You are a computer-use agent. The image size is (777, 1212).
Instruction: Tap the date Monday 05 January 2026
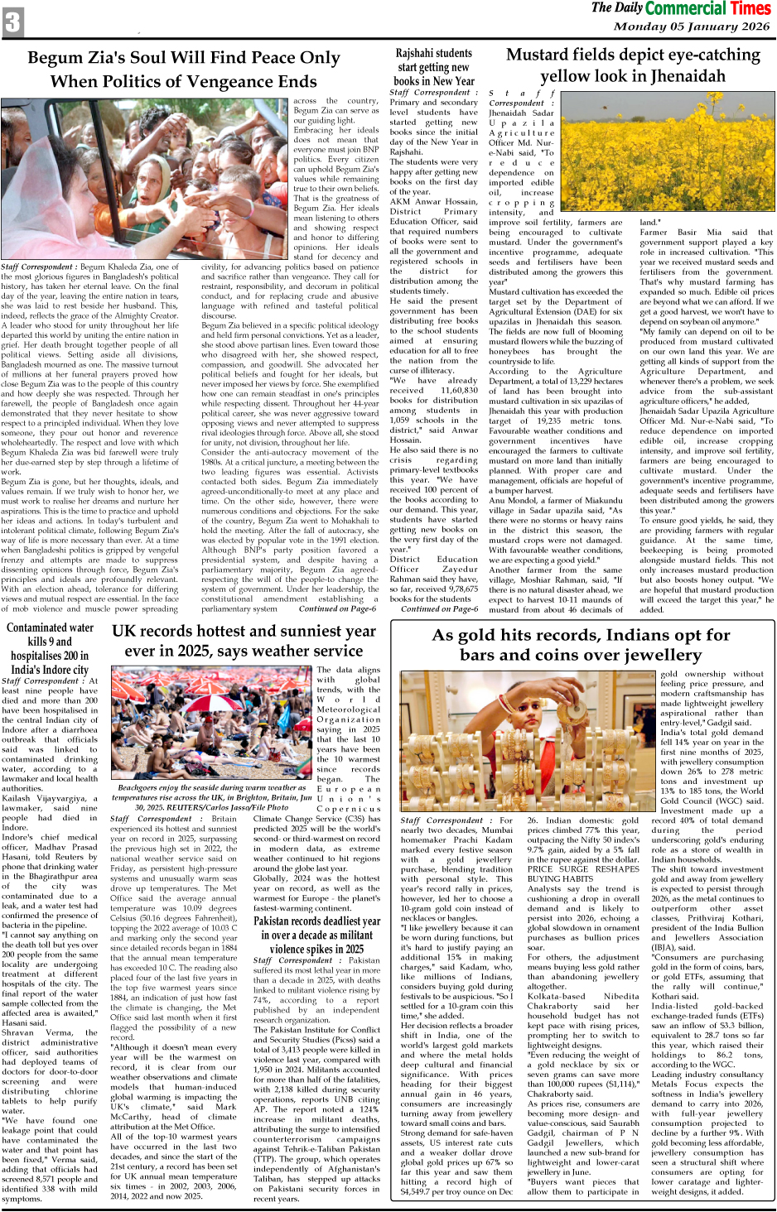coord(691,26)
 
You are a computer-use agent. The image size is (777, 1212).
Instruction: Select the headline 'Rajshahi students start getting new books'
coord(434,68)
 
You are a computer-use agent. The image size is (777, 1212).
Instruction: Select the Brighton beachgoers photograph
coord(211,723)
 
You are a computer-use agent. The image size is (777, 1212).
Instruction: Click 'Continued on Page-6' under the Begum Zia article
coord(337,608)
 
